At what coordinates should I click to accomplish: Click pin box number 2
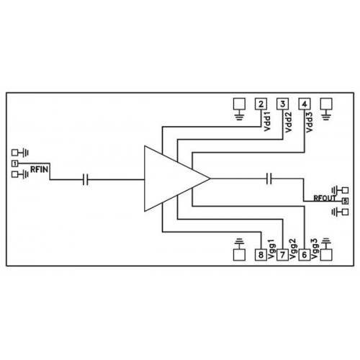click(x=261, y=104)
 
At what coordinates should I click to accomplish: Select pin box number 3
click(x=283, y=104)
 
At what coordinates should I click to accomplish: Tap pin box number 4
click(x=305, y=104)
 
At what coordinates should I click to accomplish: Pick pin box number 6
click(x=305, y=255)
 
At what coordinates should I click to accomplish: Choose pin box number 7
click(x=283, y=255)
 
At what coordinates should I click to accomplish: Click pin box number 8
click(x=261, y=255)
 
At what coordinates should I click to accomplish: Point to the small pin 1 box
click(x=15, y=163)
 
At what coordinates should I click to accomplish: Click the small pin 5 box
click(x=345, y=201)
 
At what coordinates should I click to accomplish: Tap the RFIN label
click(x=40, y=169)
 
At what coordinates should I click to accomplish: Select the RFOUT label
click(x=325, y=198)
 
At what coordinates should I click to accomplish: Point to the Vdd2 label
click(x=289, y=122)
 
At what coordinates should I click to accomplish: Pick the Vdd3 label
click(x=310, y=122)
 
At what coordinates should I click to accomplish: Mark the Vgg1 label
click(x=272, y=251)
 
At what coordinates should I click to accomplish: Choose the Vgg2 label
click(x=294, y=249)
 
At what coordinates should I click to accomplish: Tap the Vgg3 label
click(x=315, y=249)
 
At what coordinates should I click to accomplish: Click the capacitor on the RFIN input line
click(x=85, y=179)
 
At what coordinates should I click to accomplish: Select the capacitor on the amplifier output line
click(x=269, y=179)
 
